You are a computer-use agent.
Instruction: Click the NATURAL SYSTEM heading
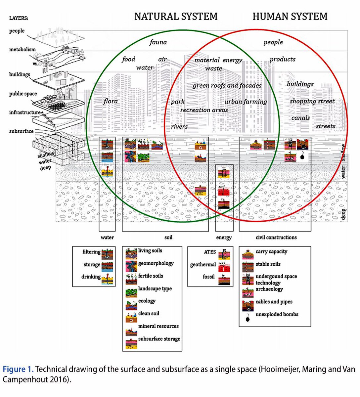point(176,17)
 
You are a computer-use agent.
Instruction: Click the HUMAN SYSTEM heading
point(290,17)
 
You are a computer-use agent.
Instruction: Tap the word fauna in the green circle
point(158,42)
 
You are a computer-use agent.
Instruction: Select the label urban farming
point(246,102)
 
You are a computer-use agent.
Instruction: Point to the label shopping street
point(312,101)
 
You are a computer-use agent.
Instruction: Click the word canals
point(300,118)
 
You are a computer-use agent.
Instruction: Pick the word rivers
point(179,126)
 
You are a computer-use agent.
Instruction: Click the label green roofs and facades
point(227,85)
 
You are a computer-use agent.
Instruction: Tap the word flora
point(110,101)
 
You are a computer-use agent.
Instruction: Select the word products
point(282,59)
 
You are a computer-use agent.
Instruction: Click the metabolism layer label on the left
point(22,50)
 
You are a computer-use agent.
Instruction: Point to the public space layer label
point(23,94)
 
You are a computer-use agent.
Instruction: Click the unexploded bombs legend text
point(277,314)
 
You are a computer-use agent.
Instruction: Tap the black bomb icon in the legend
point(247,319)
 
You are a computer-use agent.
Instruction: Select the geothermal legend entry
point(203,265)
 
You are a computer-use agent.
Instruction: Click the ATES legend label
point(210,252)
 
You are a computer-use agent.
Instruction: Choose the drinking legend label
point(91,277)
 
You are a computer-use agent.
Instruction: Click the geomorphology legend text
point(156,263)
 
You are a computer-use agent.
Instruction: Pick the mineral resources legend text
point(158,326)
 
